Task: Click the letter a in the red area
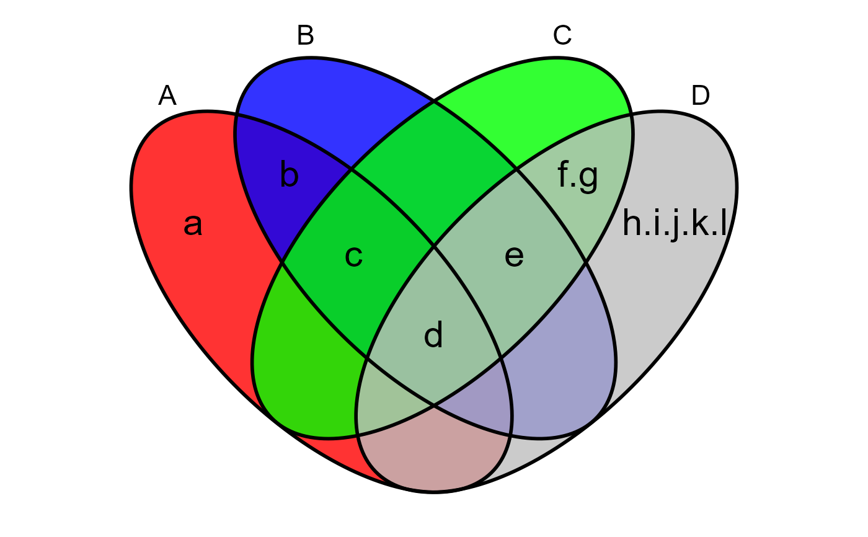193,225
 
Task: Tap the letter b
289,175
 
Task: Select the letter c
353,256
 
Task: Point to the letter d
433,335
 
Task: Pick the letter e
514,256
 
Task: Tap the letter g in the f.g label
588,178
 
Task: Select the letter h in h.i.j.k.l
632,224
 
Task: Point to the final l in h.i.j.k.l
723,224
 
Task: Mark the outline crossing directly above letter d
434,246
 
